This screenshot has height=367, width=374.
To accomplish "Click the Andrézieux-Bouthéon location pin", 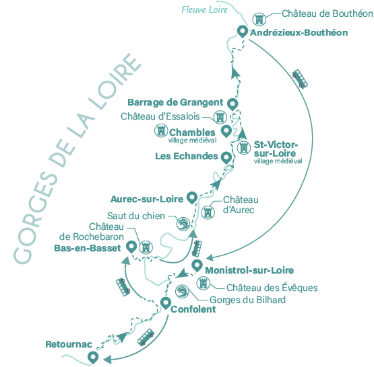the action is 243,31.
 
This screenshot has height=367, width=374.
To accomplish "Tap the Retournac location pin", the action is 93,357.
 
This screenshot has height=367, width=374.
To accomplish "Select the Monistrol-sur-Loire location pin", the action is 197,266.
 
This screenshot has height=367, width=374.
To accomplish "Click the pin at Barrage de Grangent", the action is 232,104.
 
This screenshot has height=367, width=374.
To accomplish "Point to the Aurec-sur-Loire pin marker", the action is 192,197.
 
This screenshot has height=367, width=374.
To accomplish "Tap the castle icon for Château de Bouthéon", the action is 259,19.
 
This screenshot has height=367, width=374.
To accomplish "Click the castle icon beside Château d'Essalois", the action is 220,117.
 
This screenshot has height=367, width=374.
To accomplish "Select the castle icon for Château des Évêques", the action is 204,283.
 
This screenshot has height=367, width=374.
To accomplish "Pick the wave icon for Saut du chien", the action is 183,224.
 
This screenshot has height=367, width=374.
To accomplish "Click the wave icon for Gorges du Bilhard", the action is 182,292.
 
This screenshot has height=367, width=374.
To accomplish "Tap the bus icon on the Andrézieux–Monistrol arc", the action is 300,79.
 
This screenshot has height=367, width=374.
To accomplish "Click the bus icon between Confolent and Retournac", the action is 146,337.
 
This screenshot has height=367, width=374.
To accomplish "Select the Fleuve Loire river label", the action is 205,10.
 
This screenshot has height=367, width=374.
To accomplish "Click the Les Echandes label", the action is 186,156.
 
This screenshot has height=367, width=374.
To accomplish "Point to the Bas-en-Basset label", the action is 88,248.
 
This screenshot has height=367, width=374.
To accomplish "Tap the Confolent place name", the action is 193,309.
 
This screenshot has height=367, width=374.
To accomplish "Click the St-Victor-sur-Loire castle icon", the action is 243,147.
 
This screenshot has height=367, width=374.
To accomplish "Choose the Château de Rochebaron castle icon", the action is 146,247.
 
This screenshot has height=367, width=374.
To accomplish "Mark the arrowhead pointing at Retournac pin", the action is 108,359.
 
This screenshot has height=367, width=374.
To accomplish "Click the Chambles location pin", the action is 226,131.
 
